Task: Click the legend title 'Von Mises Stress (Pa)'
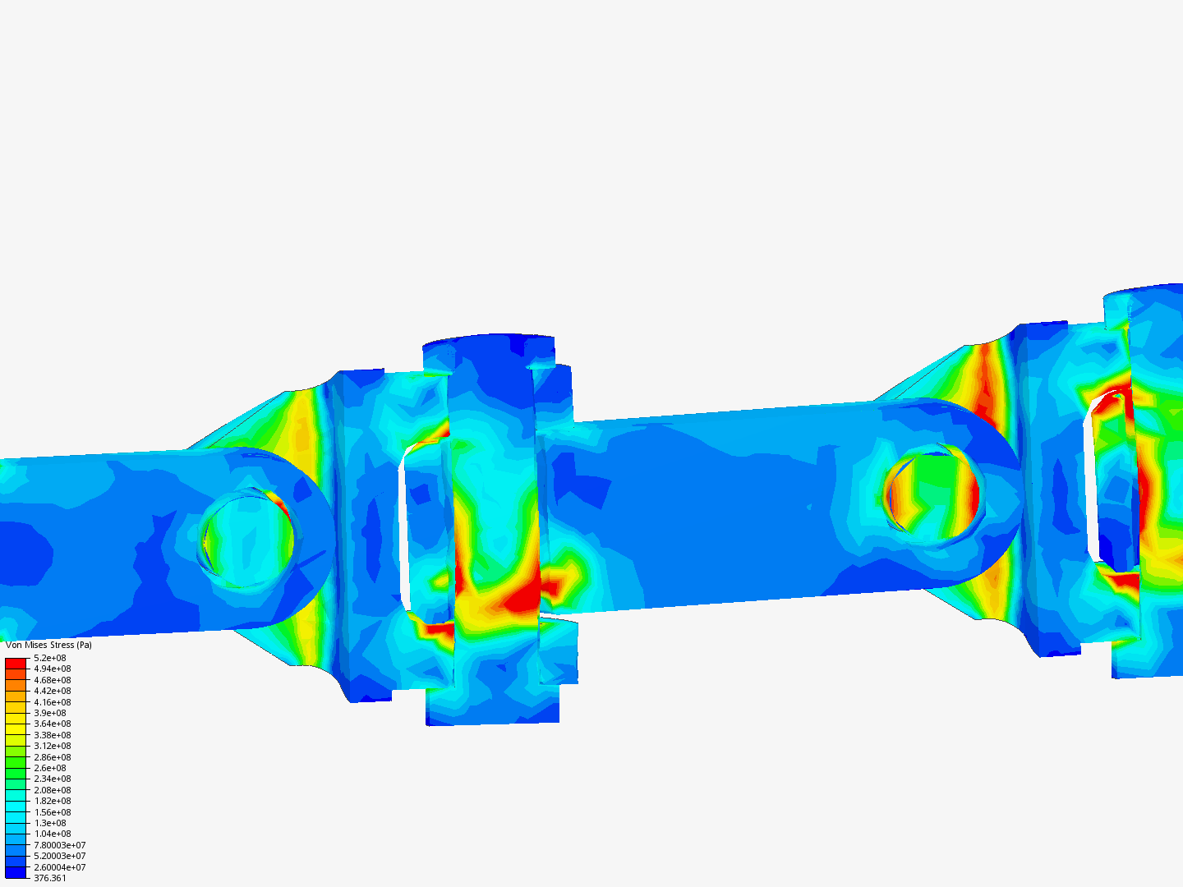click(48, 645)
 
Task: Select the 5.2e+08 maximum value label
click(50, 658)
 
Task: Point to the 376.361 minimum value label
click(50, 878)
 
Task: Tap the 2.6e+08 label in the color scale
click(50, 768)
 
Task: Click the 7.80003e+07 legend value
click(59, 845)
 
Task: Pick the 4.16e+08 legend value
click(53, 702)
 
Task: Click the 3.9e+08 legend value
click(50, 713)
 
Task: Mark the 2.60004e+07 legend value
click(59, 867)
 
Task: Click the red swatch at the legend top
click(16, 662)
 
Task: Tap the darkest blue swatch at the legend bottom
click(16, 872)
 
